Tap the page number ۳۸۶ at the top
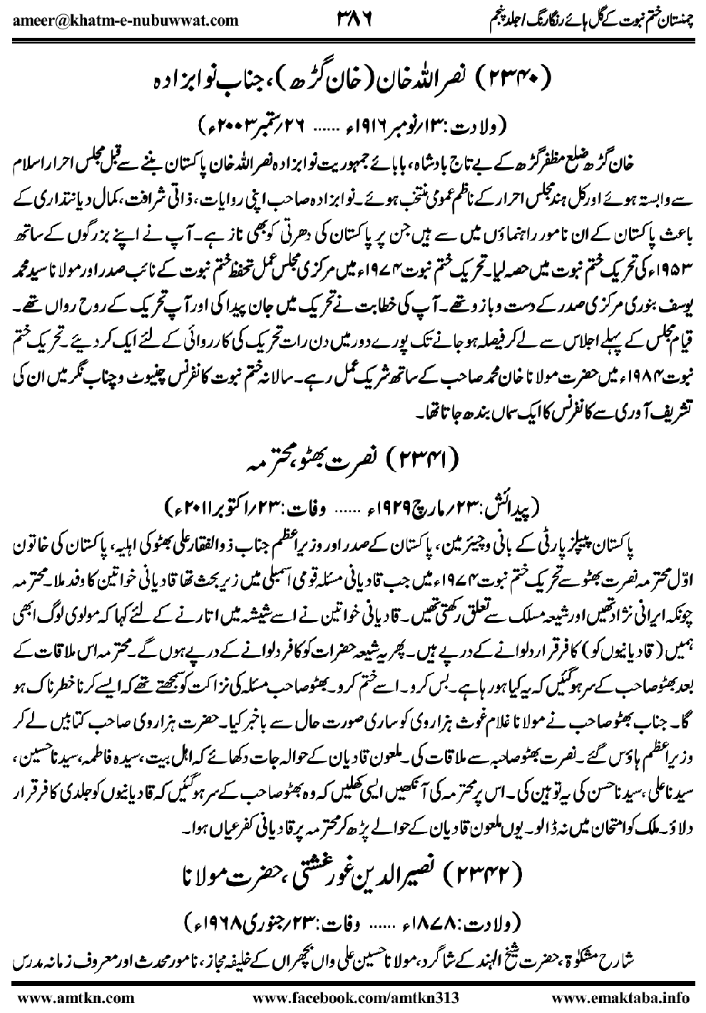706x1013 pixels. pyautogui.click(x=352, y=18)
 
